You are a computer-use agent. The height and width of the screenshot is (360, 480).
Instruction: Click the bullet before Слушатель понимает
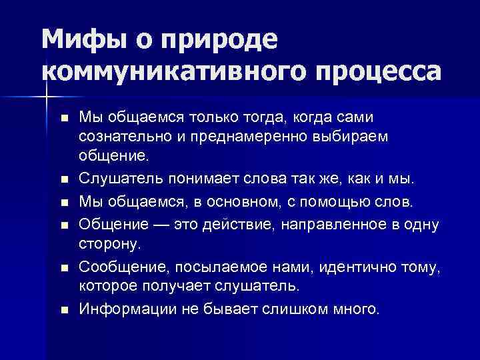click(x=63, y=180)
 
